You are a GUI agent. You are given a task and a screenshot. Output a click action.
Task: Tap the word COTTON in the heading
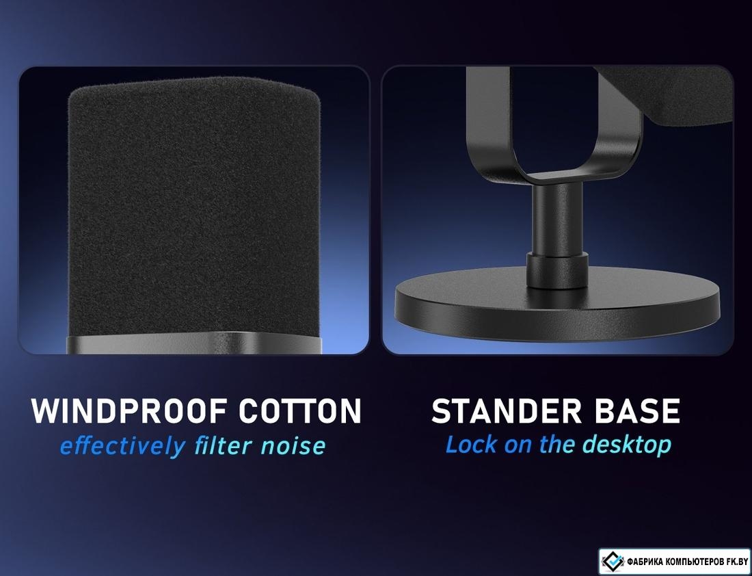click(299, 410)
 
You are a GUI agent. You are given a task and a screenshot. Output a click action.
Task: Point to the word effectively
click(122, 447)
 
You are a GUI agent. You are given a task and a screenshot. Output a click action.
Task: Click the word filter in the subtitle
click(223, 445)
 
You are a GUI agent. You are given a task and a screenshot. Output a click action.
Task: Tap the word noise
click(293, 447)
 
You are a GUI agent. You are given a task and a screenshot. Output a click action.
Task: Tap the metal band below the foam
click(193, 343)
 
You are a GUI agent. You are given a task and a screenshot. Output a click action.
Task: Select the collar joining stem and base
click(557, 271)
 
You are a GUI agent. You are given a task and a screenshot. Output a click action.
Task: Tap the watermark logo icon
click(613, 561)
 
